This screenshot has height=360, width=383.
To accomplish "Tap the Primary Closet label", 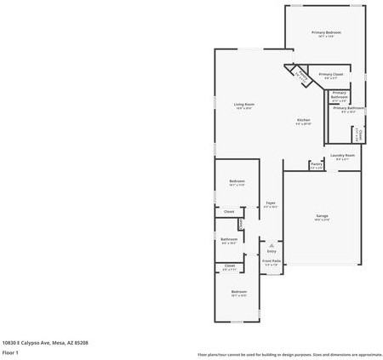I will (331, 74).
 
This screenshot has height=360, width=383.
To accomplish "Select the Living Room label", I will (244, 105).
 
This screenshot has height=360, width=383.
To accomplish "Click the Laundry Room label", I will (344, 155).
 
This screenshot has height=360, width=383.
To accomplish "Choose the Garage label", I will (323, 216).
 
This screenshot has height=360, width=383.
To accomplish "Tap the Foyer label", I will (271, 203).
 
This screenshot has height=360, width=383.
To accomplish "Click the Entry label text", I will (272, 251).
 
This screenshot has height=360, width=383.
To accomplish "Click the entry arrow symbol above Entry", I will (272, 244).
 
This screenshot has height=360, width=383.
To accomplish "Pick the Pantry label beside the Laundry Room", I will (316, 163).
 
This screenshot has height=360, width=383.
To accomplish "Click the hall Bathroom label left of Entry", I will (228, 239).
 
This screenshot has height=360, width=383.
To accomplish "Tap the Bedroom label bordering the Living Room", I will (237, 181).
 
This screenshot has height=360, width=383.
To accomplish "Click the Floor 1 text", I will (10, 352).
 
